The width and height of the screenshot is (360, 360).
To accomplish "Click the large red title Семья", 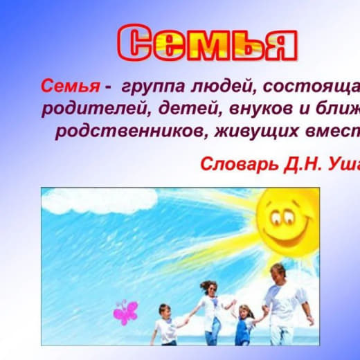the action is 207,43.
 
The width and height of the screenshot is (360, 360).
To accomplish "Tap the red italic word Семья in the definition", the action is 71,86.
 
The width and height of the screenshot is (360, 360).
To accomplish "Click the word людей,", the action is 225,87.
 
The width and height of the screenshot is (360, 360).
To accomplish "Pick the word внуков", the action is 260,109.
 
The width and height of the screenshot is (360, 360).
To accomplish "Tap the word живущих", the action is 256,132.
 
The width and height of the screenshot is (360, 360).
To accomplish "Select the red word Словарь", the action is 240,164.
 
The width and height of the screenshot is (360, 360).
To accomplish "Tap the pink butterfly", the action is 126,312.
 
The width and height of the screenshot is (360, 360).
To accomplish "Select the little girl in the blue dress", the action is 246,325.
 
